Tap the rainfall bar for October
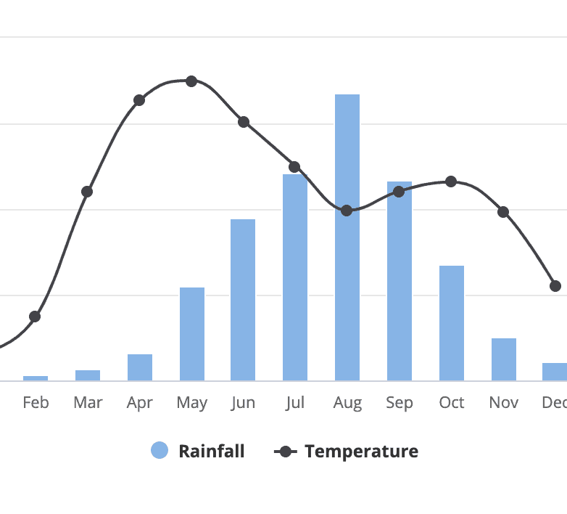[452, 323]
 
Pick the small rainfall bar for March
[88, 375]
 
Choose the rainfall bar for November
[504, 359]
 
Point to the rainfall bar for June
[243, 300]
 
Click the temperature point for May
[191, 81]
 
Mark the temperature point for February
[35, 317]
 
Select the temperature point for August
[347, 211]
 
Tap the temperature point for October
[451, 181]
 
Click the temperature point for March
[87, 192]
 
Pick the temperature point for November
[503, 213]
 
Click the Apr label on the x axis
[140, 402]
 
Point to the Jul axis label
[295, 402]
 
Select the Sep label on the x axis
[400, 402]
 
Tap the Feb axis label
[36, 402]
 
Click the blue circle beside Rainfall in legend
[160, 451]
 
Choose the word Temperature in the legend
[361, 452]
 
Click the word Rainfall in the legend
[212, 452]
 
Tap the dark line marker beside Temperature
[286, 452]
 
